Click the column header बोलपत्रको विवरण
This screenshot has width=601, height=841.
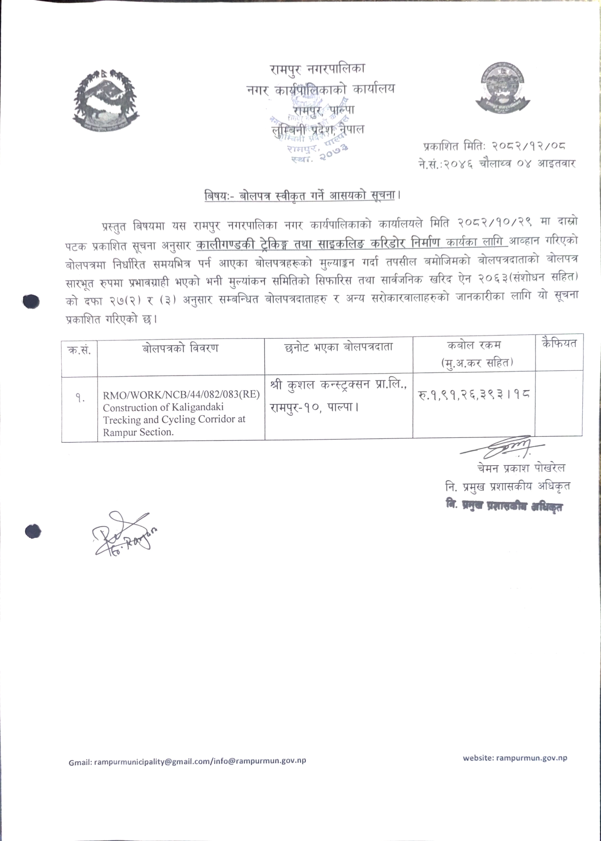180,348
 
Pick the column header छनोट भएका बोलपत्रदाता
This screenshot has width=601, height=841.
338,347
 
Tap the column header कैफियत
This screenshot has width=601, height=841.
559,343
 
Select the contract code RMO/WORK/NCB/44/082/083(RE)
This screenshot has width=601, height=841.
181,395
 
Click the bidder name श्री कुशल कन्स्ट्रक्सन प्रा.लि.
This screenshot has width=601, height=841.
338,385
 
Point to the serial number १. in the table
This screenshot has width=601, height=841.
80,399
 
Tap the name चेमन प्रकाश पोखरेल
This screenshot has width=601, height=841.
521,468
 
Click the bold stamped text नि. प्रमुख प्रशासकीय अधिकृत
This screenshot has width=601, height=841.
504,506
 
